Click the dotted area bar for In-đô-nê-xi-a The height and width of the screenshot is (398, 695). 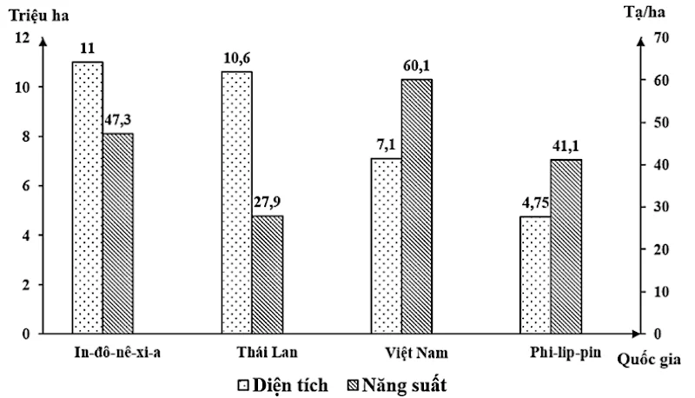click(87, 198)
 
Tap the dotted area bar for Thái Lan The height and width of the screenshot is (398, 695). click(237, 202)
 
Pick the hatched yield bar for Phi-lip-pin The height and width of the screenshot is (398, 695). click(566, 247)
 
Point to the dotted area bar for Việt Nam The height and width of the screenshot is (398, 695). click(386, 246)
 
